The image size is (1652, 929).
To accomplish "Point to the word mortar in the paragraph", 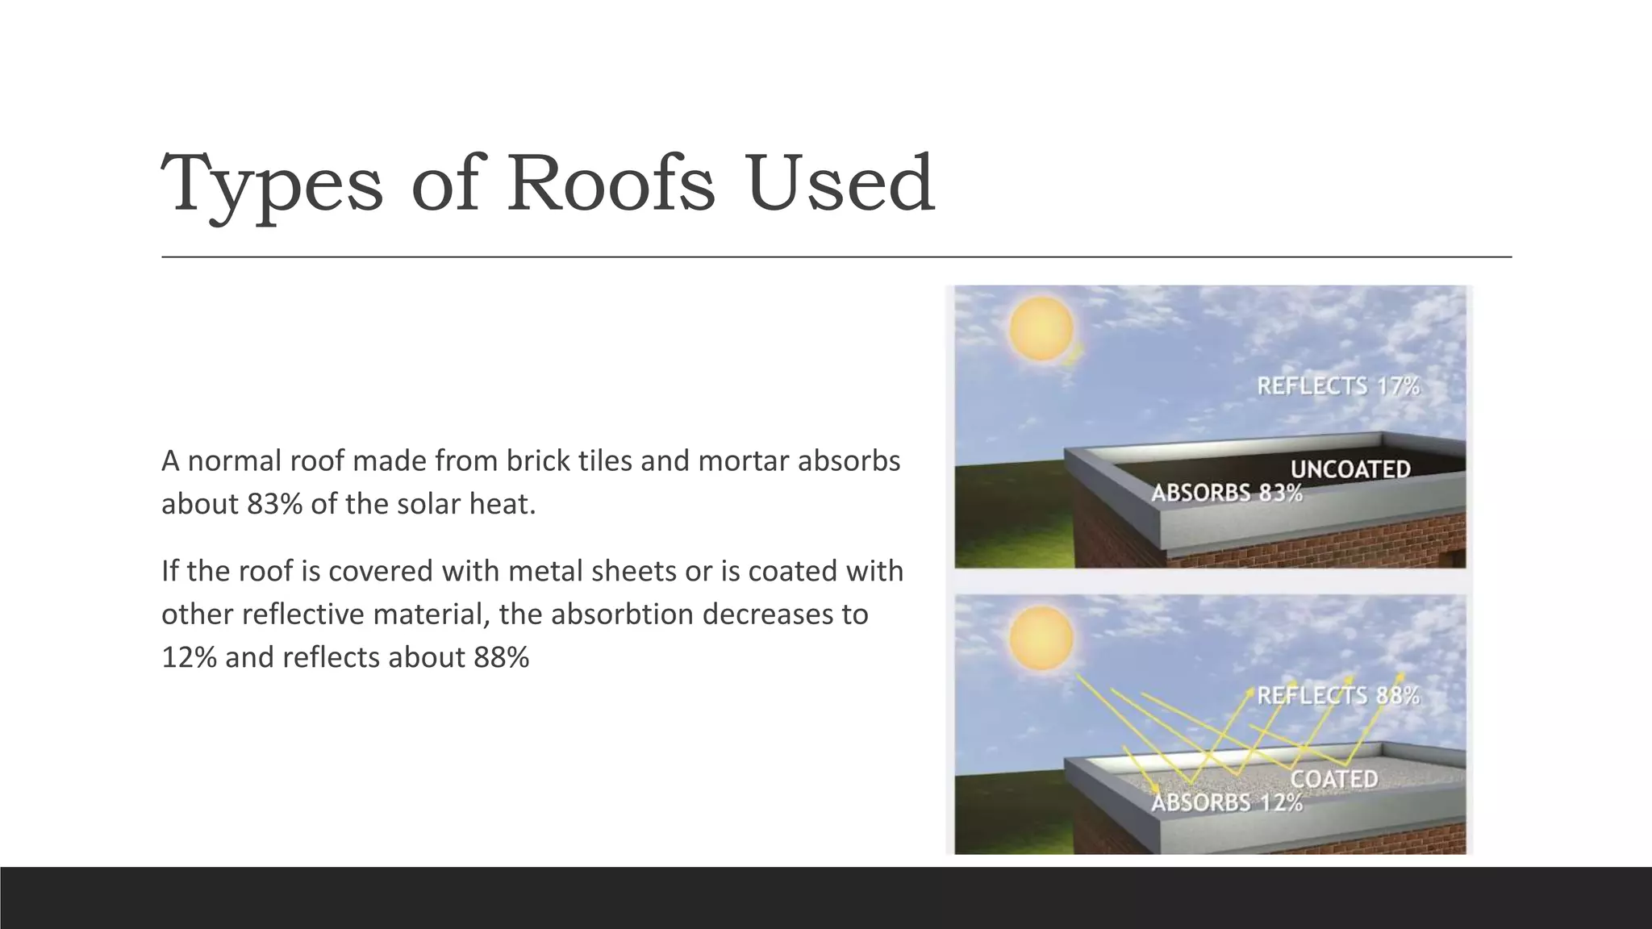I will coord(742,460).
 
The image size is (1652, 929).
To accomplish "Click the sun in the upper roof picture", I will coord(1041,328).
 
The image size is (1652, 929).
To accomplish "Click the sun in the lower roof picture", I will coord(1041,638).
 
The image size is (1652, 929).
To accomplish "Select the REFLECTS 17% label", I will coord(1337,386).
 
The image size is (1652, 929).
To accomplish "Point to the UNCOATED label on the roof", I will coord(1350,469).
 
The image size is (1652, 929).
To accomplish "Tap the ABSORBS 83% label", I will coord(1226,493).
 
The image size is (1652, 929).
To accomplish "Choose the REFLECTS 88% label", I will coord(1337,696).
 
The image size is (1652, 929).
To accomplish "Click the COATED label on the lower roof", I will coord(1334,779).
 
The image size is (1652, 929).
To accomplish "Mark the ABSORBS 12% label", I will coord(1226,802).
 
